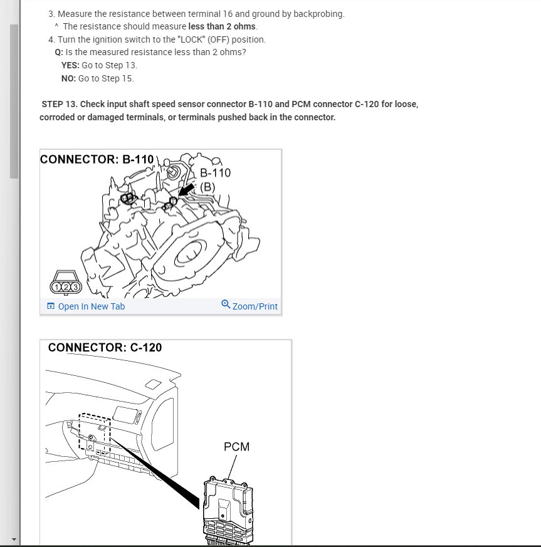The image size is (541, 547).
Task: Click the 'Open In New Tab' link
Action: coord(91,306)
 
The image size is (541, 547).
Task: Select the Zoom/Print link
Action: coord(255,306)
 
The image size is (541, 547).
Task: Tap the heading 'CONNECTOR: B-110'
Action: coord(97,159)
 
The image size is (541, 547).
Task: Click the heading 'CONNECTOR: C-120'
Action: coord(105,347)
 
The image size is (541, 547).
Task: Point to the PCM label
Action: coord(236,447)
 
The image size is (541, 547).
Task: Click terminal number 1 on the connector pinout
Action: coord(57,287)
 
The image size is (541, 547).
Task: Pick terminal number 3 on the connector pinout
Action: coord(76,287)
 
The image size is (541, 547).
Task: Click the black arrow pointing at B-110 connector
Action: coord(186,189)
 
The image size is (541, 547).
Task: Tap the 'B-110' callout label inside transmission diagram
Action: coord(215,172)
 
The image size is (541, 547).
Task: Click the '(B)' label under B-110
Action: coord(207,187)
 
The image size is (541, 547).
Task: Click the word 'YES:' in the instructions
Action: coord(70,65)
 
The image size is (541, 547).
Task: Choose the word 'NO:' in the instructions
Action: coord(68,78)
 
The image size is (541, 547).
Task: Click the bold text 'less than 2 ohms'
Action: coord(222,26)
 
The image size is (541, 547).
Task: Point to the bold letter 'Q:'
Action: coord(59,52)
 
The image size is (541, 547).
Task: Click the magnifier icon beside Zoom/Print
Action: coord(226,305)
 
